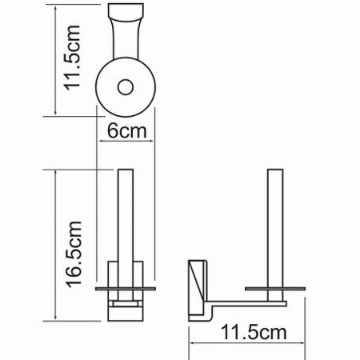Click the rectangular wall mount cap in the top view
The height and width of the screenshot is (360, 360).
coord(127,14)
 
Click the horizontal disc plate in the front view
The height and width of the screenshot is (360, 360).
coord(126,285)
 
